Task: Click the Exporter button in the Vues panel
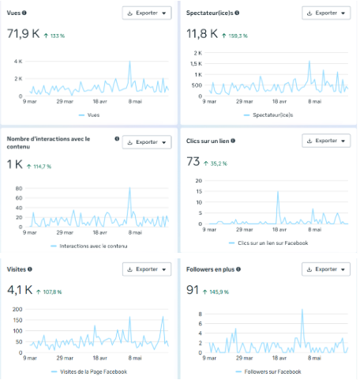(147, 13)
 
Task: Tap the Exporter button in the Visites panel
(147, 269)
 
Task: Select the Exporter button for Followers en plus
(326, 269)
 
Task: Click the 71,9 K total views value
(23, 34)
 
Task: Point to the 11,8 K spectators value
(202, 34)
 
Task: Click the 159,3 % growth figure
(238, 36)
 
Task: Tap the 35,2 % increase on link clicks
(219, 164)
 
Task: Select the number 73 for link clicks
(193, 161)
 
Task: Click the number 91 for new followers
(193, 290)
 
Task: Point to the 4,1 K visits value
(20, 290)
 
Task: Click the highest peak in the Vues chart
(129, 62)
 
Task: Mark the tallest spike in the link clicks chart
(278, 192)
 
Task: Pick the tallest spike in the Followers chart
(302, 310)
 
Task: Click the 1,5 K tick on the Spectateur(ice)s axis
(196, 64)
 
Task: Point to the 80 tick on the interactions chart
(19, 188)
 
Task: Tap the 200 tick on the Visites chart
(17, 309)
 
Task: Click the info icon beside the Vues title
(24, 13)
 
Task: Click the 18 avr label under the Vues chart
(100, 101)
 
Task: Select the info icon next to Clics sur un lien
(233, 141)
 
